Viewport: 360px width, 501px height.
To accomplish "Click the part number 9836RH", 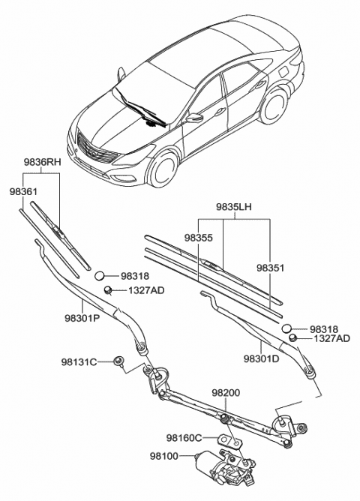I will [42, 161].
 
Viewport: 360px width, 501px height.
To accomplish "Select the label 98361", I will [23, 192].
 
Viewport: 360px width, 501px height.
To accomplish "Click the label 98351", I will [271, 267].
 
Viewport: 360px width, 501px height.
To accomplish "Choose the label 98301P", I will [82, 317].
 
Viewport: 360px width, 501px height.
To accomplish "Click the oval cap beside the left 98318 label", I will [104, 277].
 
